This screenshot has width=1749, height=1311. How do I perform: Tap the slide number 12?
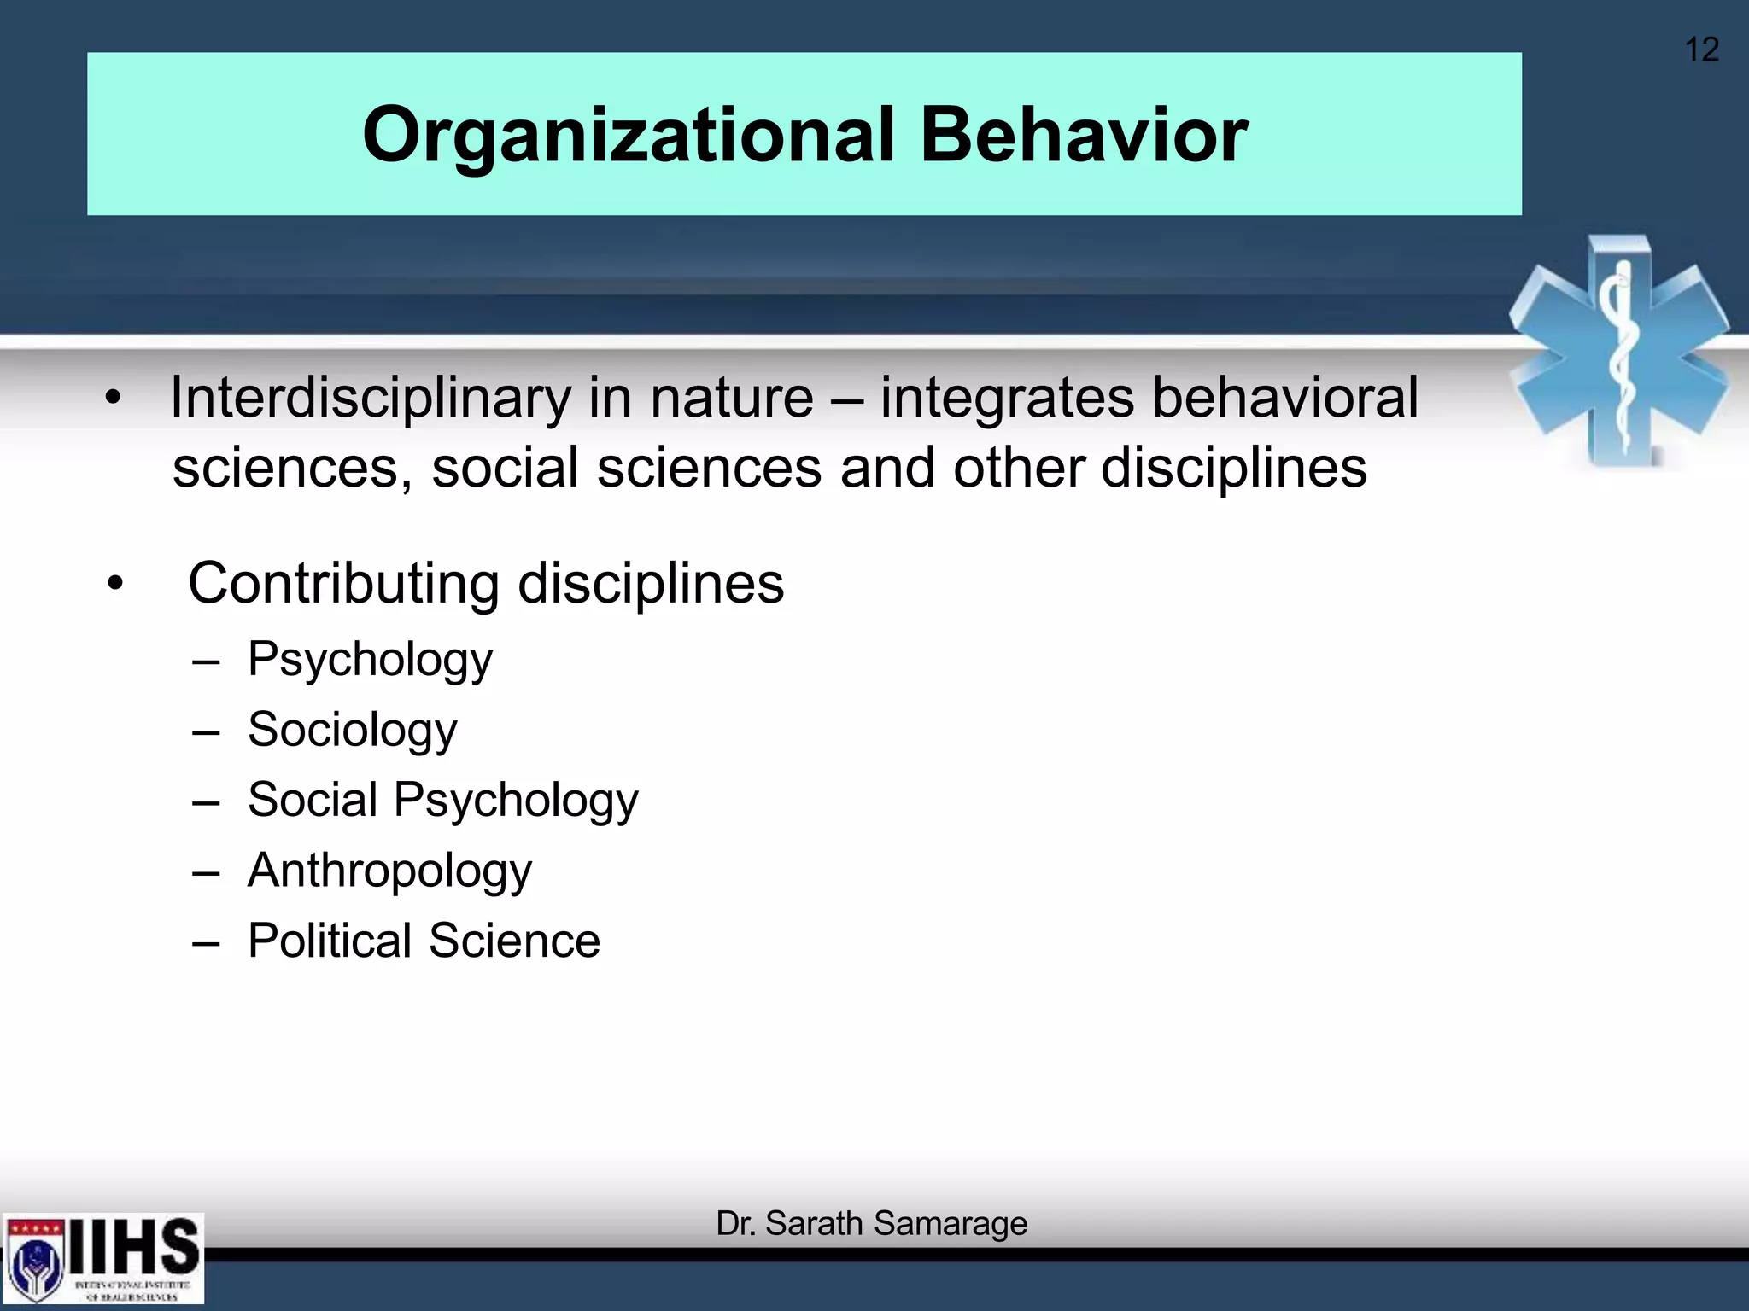click(x=1700, y=50)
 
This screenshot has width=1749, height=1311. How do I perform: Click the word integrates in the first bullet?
click(x=1007, y=398)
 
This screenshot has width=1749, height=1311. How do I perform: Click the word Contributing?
click(x=343, y=584)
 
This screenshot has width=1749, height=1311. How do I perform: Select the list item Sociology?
click(x=352, y=730)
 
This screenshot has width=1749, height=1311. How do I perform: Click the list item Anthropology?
click(x=389, y=871)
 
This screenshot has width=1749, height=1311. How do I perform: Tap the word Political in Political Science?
click(x=330, y=941)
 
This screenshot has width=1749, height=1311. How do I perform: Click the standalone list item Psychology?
click(x=370, y=660)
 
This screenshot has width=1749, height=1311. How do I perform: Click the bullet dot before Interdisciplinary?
click(x=114, y=399)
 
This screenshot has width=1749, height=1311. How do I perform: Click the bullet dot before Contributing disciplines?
click(x=115, y=585)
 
